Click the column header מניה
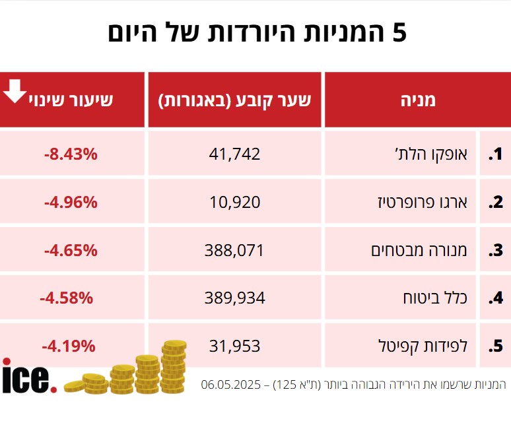coord(418,100)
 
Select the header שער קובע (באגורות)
coord(234,100)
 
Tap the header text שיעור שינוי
coord(71,100)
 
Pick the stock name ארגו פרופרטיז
coord(430,203)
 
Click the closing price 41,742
coord(234,154)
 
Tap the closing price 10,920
coord(234,203)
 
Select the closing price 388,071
coord(234,251)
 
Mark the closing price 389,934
coord(234,298)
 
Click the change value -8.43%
coord(71,154)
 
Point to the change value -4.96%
coord(71,203)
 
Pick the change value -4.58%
coord(66,298)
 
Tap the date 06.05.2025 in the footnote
coord(230,383)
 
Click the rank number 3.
coord(496,251)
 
